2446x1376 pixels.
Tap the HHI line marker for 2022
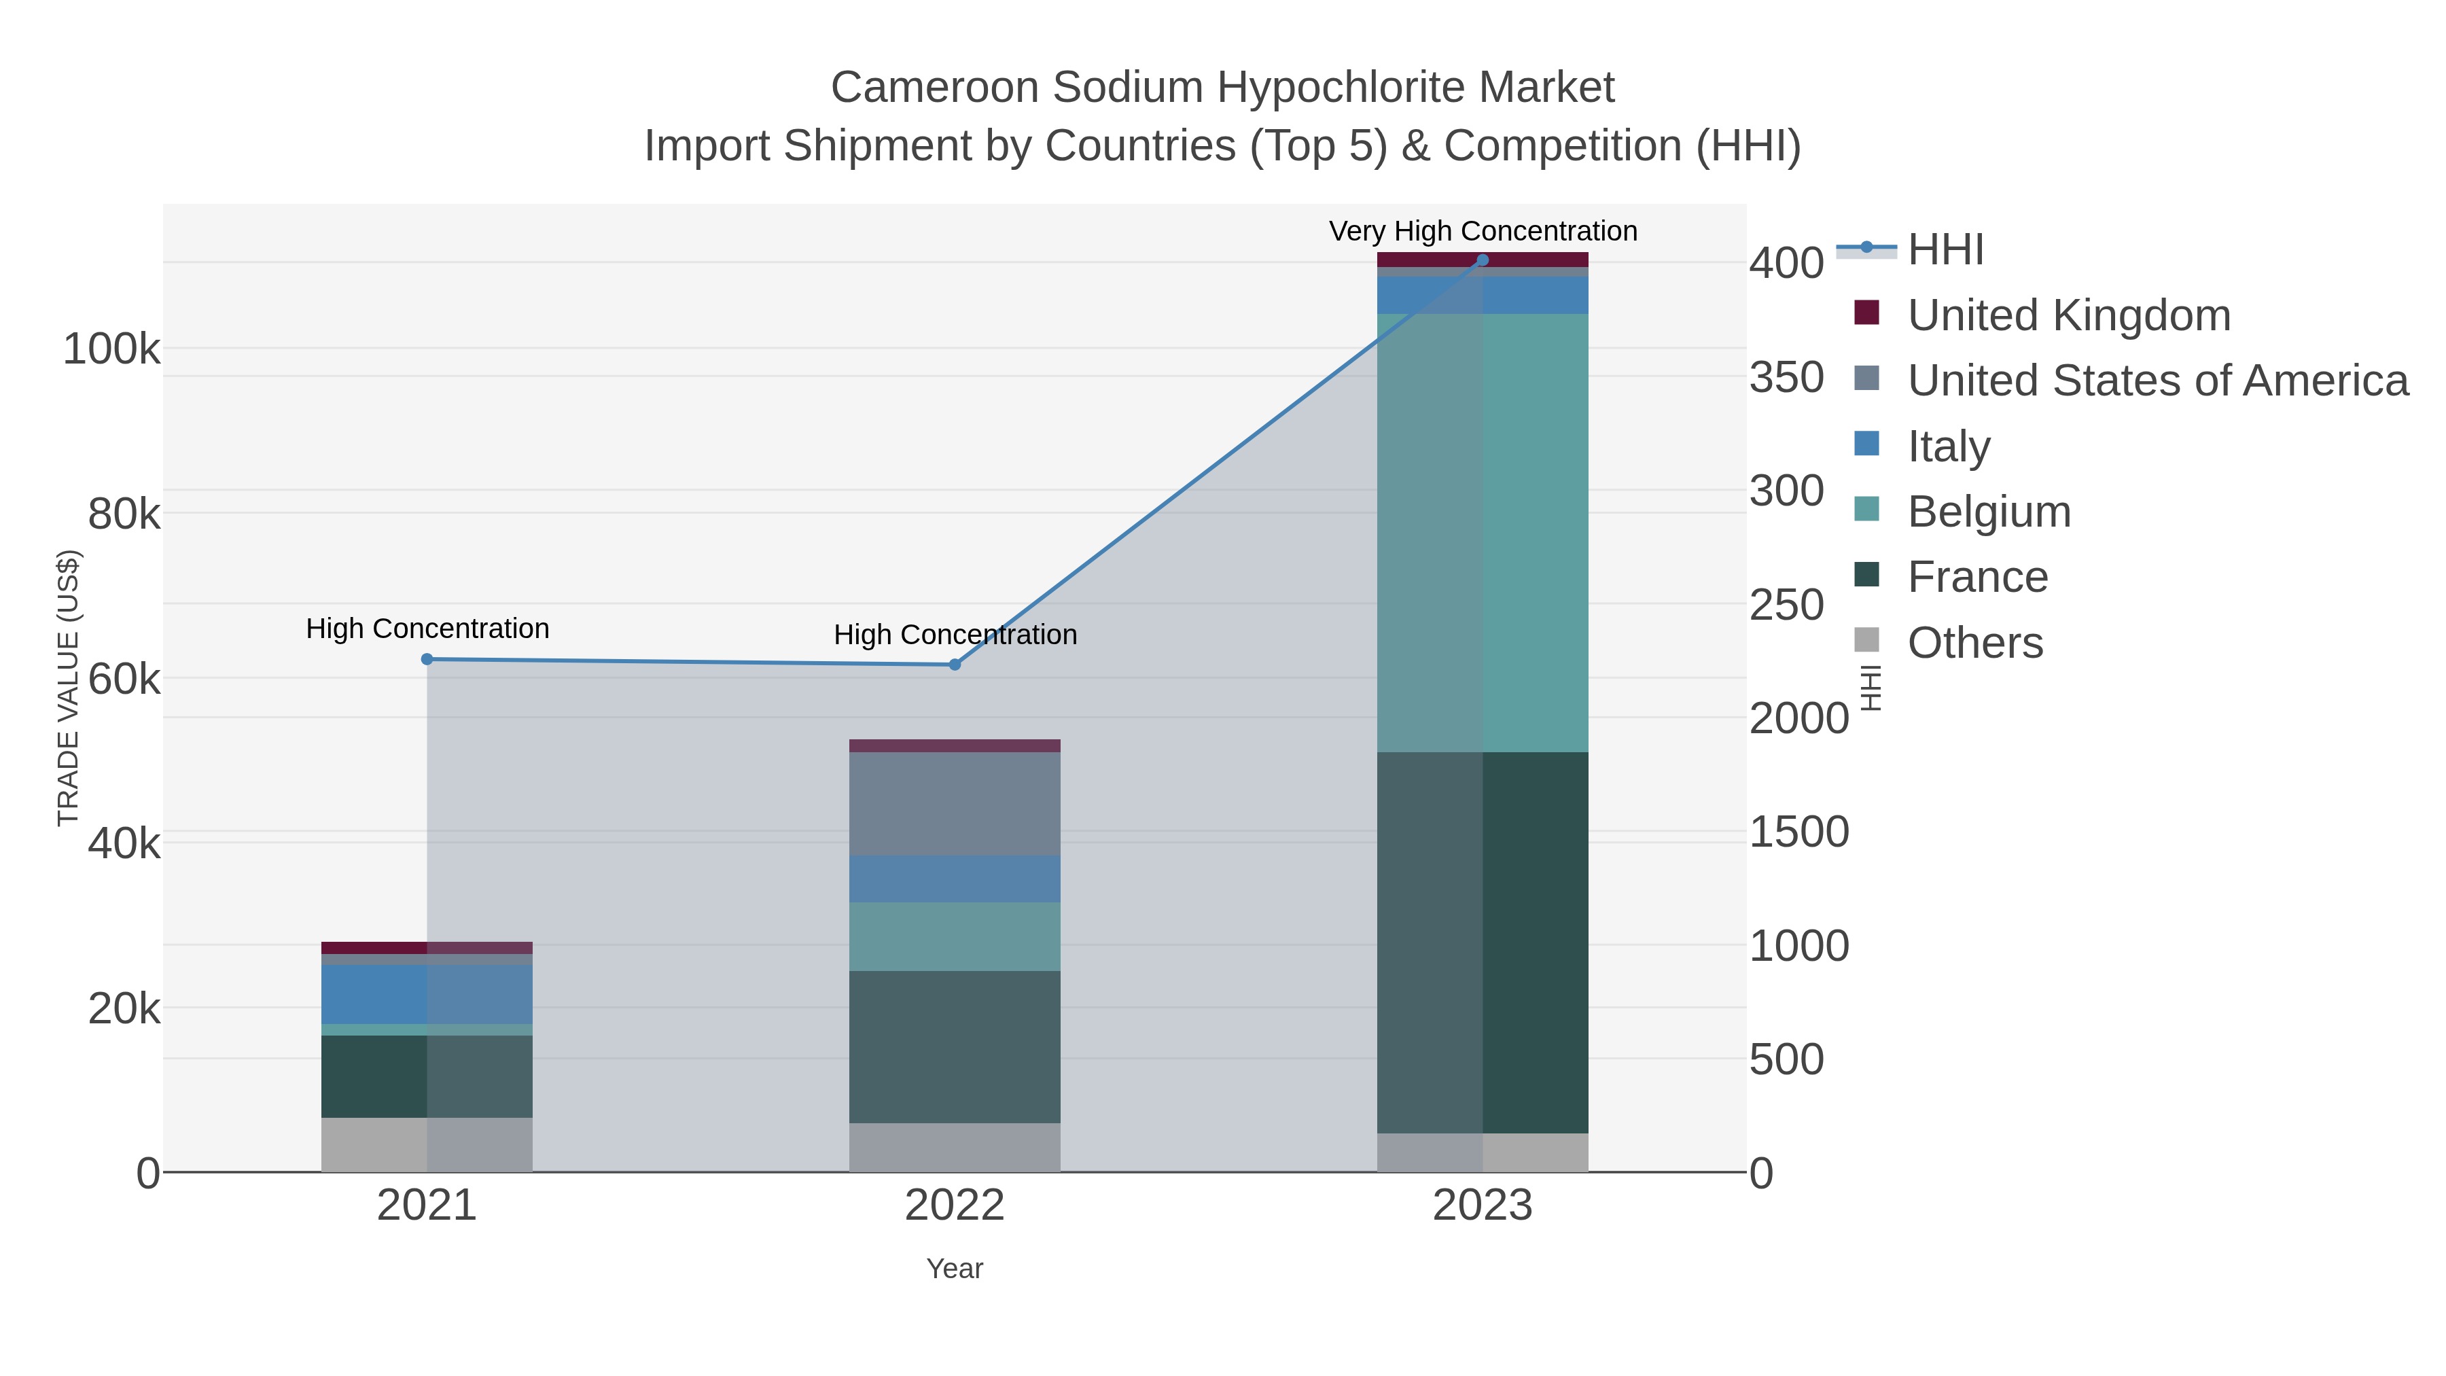pos(955,665)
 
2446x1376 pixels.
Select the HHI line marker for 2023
pos(1483,260)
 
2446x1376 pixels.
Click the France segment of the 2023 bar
pos(1483,942)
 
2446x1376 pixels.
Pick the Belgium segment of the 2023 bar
pos(1483,533)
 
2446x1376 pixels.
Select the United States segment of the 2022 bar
pos(955,803)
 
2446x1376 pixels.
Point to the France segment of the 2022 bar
pos(955,1046)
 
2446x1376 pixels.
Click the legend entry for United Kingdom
pos(2068,315)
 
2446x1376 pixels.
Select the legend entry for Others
pos(1975,643)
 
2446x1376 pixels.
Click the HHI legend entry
pos(1945,250)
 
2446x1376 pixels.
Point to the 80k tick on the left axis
pos(124,514)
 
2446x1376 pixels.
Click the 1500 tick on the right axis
pos(1798,832)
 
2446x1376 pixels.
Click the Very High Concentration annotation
pos(1483,232)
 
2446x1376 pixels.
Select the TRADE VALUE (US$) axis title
pos(69,688)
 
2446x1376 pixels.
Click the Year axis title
pos(955,1269)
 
